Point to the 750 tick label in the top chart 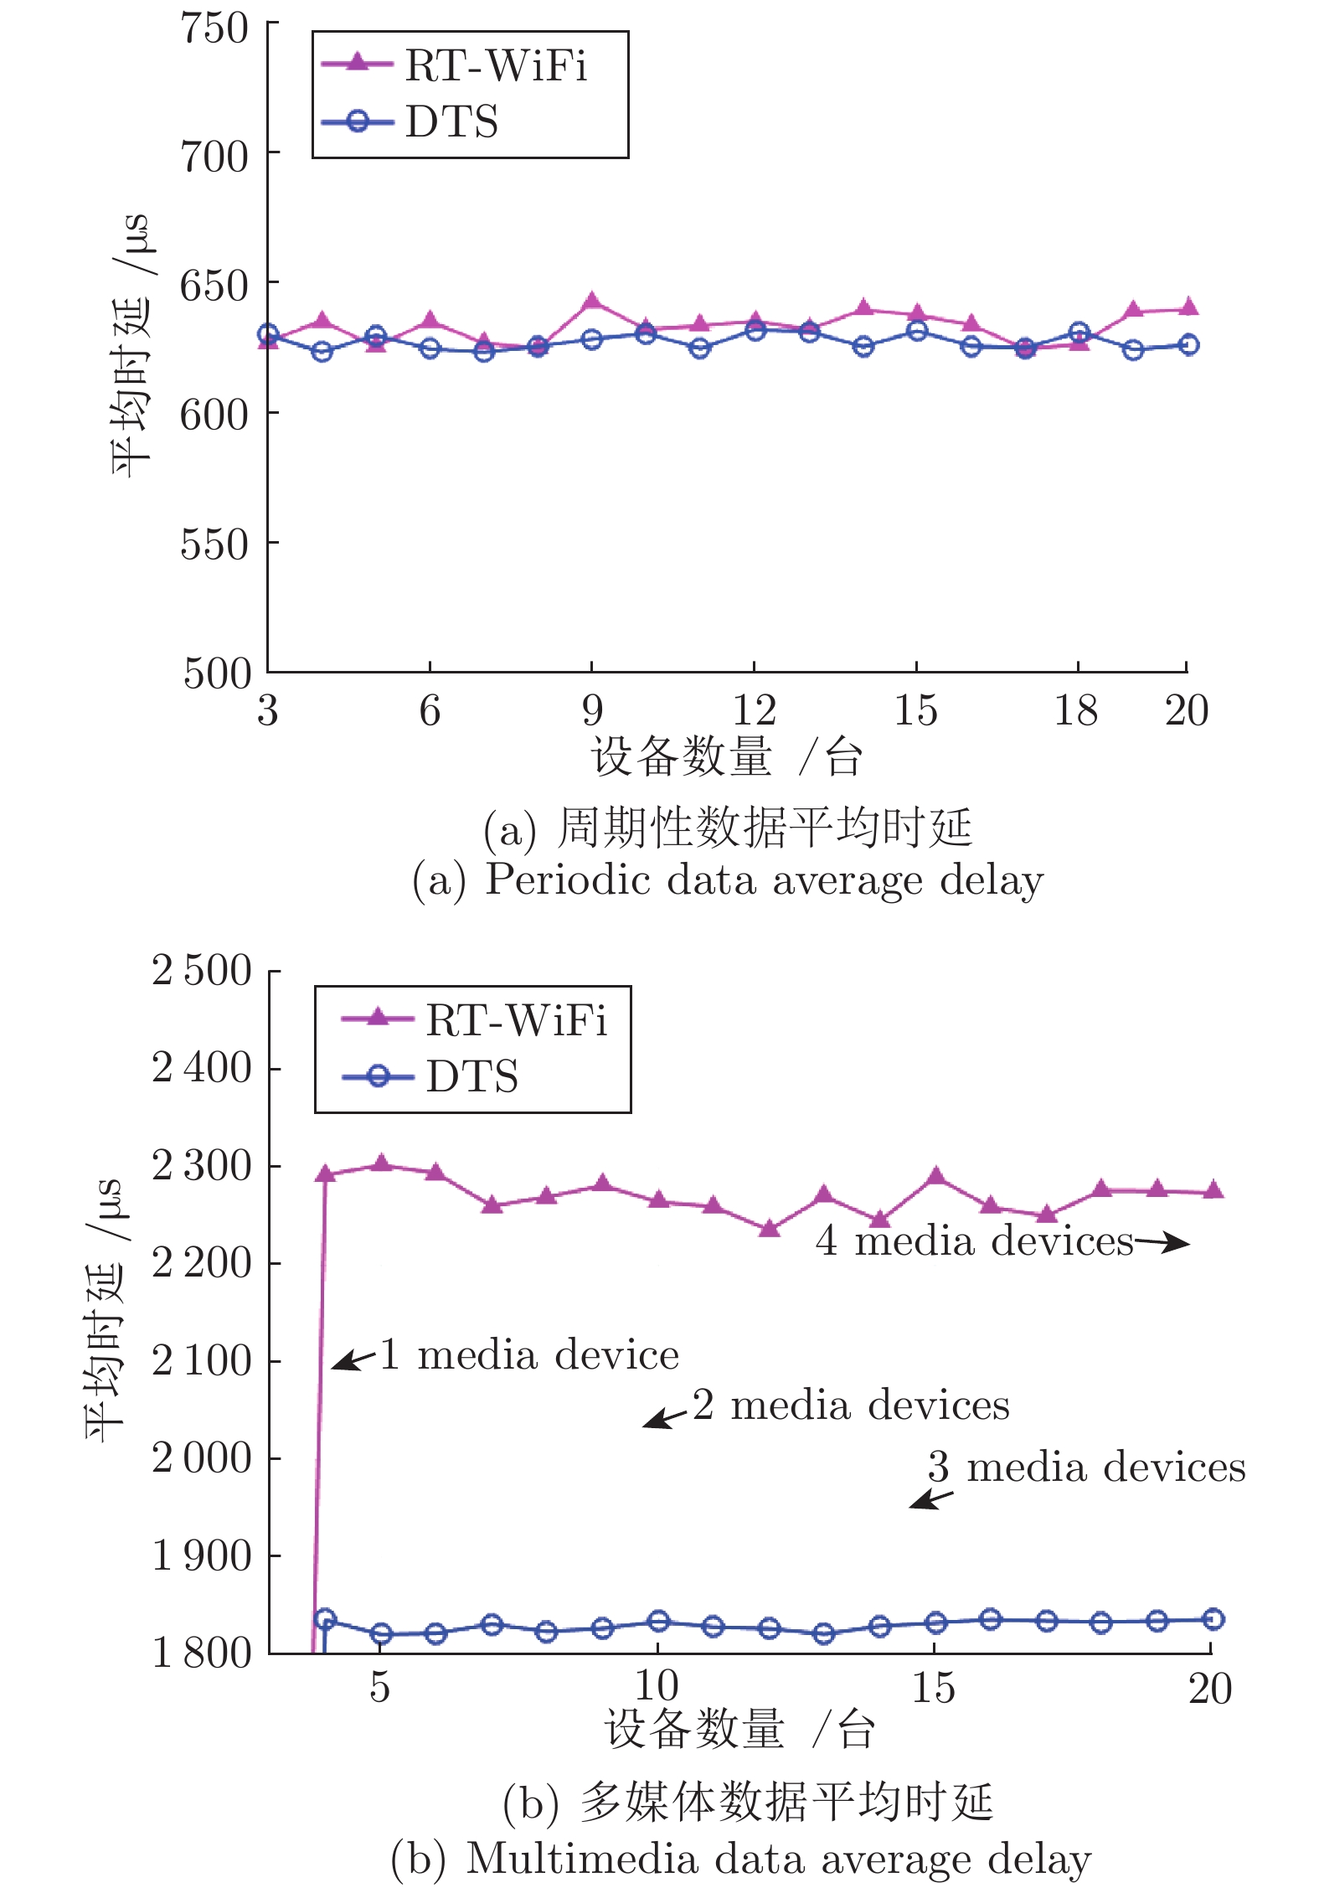(214, 28)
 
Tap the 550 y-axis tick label (214, 544)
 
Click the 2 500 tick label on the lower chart (202, 971)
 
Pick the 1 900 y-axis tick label (202, 1555)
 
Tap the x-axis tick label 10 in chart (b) (657, 1686)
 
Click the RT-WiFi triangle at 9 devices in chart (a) (592, 301)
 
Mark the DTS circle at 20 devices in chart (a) (1188, 344)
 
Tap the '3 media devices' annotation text (1086, 1467)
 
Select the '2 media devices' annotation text (851, 1405)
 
